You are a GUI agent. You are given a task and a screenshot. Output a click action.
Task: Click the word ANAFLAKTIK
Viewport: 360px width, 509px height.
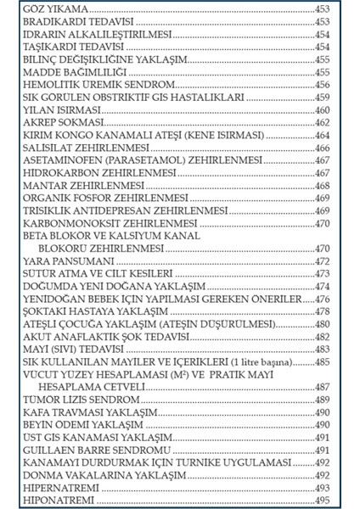coord(98,338)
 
